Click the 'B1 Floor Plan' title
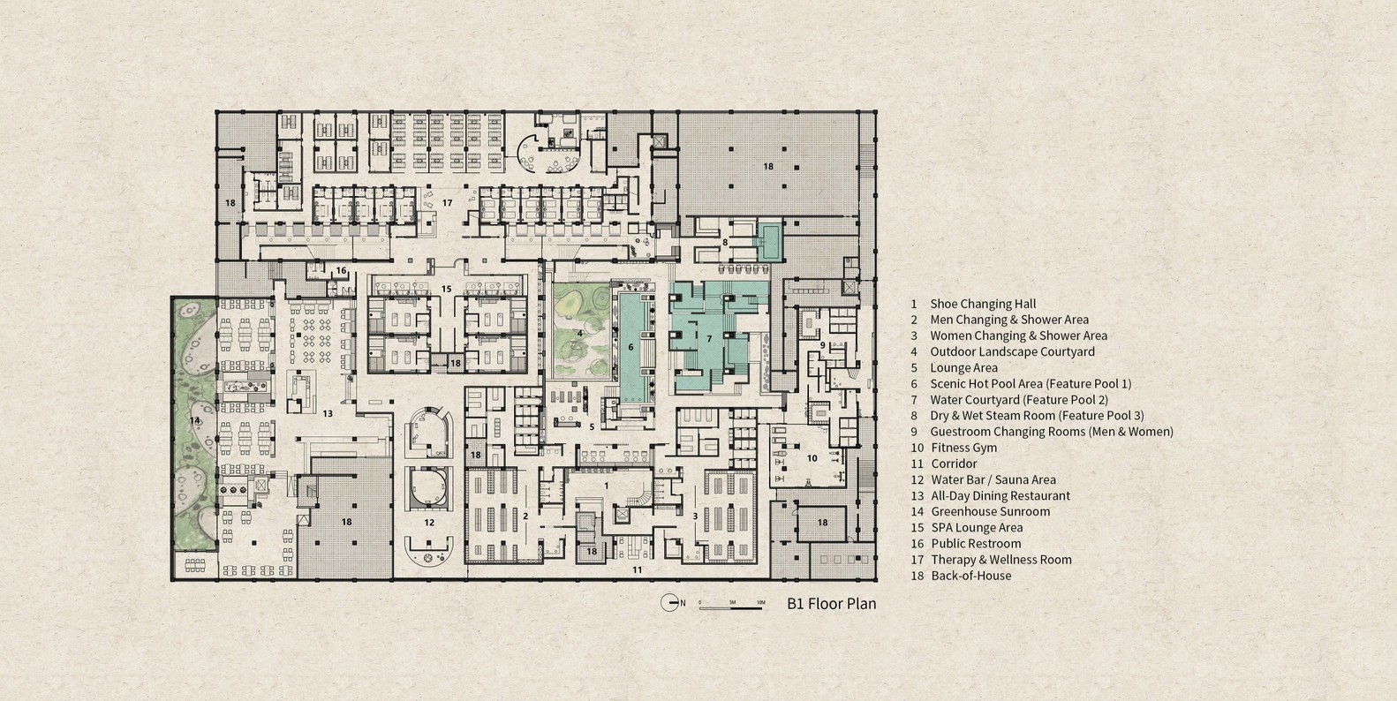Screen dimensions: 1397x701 tap(831, 604)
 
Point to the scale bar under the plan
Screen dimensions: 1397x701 tap(731, 607)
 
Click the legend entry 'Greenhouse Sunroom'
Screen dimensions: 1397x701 tap(991, 511)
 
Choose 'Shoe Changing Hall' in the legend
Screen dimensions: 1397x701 tap(983, 304)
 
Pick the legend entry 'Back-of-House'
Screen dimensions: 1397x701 tap(971, 576)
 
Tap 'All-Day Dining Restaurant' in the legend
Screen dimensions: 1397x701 tap(1001, 496)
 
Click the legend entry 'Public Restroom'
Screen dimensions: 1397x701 tap(976, 544)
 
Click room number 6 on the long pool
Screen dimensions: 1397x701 tap(631, 347)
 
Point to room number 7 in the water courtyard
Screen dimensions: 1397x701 tap(709, 339)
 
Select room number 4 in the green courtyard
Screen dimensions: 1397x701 tap(580, 334)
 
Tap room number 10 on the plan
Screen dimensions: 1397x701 tap(812, 458)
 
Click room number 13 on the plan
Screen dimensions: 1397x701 tap(328, 413)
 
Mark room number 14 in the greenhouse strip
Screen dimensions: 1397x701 tap(194, 420)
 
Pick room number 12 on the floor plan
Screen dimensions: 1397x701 tap(429, 523)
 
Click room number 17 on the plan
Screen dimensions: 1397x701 tap(447, 203)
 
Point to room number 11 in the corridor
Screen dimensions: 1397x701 tap(637, 569)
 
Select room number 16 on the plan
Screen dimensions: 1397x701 tap(341, 271)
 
